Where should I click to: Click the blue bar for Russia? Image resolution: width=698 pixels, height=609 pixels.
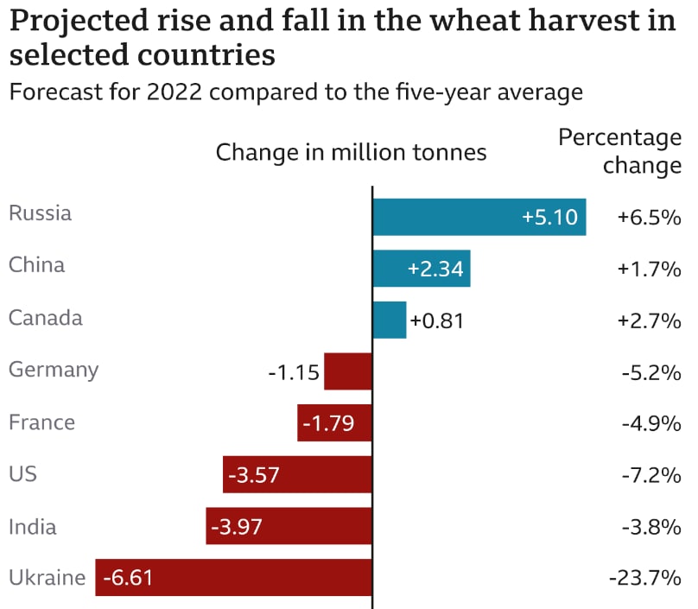[479, 217]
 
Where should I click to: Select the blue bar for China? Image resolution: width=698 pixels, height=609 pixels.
[421, 269]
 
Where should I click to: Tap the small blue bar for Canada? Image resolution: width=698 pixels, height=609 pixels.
[389, 320]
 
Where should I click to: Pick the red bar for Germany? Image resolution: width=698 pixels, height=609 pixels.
[348, 371]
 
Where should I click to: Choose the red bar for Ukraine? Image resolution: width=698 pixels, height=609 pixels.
[233, 577]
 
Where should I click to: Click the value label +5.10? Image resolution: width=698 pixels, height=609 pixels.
[549, 217]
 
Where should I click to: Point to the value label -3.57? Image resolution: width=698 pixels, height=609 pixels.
[254, 474]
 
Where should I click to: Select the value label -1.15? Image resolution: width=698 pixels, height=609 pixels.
[294, 373]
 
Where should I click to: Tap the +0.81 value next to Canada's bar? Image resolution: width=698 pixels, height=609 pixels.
[437, 321]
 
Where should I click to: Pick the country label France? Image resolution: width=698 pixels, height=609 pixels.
[41, 422]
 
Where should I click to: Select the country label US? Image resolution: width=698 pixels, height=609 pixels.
[22, 473]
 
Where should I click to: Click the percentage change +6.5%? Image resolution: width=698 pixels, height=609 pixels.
[649, 217]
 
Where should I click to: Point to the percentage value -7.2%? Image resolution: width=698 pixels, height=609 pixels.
[651, 474]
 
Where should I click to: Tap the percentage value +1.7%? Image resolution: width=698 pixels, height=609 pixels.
[649, 269]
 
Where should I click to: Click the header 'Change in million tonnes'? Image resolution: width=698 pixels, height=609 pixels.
[351, 153]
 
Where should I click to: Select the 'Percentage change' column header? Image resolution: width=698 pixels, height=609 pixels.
[619, 151]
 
